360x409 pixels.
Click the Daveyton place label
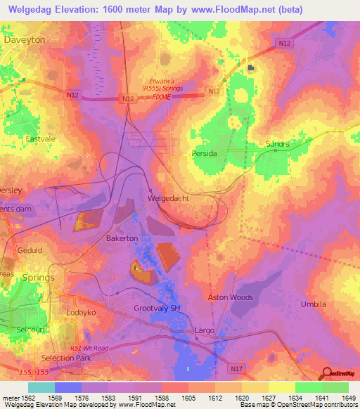[x=25, y=40]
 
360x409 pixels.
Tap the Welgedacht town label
[x=169, y=199]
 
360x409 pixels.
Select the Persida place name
[x=205, y=152]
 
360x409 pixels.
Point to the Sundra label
[x=278, y=144]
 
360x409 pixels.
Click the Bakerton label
[x=122, y=239]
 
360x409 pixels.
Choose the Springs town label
[x=38, y=278]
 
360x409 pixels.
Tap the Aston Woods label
[x=230, y=297]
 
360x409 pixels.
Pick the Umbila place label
[x=314, y=304]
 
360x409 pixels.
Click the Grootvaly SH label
[x=158, y=309]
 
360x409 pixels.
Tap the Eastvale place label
[x=40, y=139]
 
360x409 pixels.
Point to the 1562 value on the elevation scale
[x=28, y=397]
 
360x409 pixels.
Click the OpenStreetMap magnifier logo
[x=327, y=373]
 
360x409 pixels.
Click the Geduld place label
[x=30, y=250]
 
